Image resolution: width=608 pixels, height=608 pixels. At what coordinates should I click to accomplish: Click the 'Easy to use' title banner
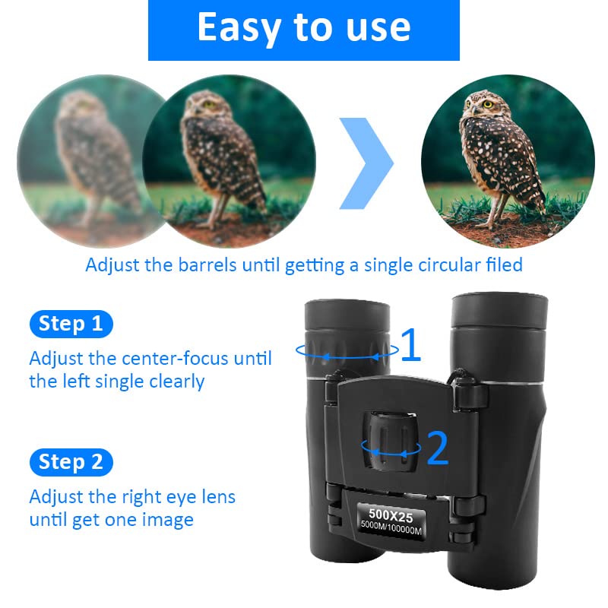pyautogui.click(x=303, y=28)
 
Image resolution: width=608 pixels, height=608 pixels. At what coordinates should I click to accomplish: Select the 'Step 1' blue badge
pyautogui.click(x=71, y=324)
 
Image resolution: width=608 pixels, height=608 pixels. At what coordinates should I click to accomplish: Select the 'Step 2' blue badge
pyautogui.click(x=71, y=461)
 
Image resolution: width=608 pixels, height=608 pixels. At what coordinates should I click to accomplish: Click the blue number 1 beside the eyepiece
pyautogui.click(x=410, y=346)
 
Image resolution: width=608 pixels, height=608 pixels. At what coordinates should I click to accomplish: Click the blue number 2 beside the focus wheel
pyautogui.click(x=438, y=448)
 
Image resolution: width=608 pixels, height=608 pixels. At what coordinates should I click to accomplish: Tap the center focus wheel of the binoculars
pyautogui.click(x=391, y=441)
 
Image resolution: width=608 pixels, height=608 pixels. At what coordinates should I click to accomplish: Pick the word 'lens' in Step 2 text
pyautogui.click(x=217, y=497)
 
